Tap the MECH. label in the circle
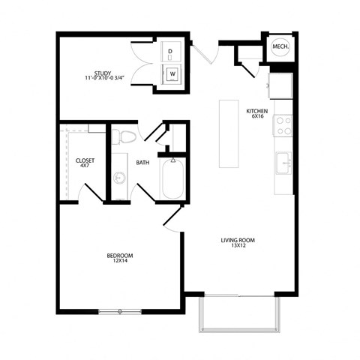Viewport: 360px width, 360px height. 280,47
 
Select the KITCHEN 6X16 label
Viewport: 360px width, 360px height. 257,114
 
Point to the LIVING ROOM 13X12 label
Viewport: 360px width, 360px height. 238,244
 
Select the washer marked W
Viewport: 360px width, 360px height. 172,74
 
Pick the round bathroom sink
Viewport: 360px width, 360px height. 119,178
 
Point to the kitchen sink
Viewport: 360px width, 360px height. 283,162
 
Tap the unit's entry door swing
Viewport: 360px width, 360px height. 200,55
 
